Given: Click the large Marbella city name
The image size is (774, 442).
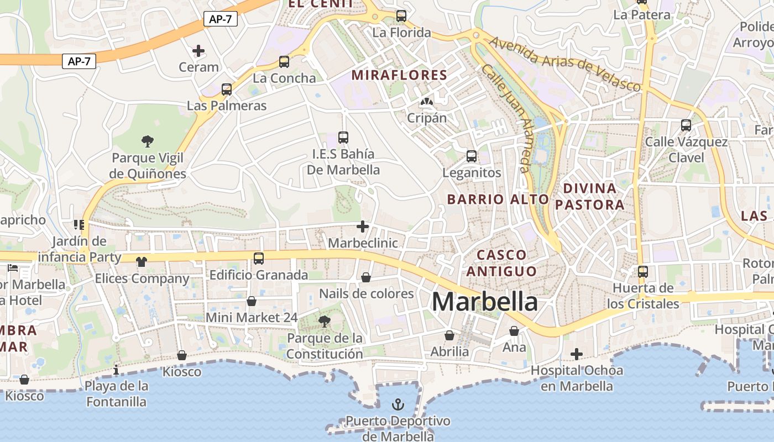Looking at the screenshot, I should click(x=484, y=302).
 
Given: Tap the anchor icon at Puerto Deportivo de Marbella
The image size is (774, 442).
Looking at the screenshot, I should click(x=398, y=405).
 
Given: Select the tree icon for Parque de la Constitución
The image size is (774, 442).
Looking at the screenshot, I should click(x=325, y=321).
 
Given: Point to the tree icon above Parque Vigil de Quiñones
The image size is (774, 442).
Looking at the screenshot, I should click(x=147, y=141).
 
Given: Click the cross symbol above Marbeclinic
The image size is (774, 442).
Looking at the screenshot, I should click(x=363, y=227).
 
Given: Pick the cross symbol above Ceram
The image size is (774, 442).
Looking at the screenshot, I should click(x=198, y=51).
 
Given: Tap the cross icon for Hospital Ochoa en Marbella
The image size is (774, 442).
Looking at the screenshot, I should click(x=577, y=354).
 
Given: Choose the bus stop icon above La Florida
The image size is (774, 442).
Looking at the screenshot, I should click(x=401, y=16).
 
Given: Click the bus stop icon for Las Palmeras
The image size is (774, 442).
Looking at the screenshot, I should click(x=227, y=89).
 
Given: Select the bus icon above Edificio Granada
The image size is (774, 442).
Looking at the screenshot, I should click(x=258, y=258).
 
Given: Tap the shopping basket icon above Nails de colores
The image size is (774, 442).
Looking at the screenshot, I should click(x=366, y=277).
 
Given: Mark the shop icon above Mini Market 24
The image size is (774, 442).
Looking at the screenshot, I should click(x=252, y=301).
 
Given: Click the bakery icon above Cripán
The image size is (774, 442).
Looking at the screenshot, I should click(x=426, y=102).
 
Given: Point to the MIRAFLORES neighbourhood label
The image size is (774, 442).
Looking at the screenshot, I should click(x=399, y=75).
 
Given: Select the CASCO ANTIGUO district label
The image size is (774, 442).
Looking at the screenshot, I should click(x=501, y=263).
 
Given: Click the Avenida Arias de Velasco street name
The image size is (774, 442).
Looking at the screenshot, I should click(x=564, y=64).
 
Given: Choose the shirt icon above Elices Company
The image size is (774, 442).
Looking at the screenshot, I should click(x=142, y=261).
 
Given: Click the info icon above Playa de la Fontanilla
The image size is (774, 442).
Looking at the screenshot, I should click(x=116, y=370).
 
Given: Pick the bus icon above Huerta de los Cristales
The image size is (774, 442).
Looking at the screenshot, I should click(x=642, y=272).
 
